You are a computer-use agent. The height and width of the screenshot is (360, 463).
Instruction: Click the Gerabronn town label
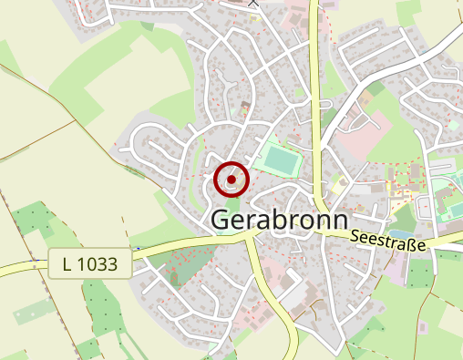[x=280, y=220]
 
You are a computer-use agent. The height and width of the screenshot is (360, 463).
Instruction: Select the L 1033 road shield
[x=90, y=265]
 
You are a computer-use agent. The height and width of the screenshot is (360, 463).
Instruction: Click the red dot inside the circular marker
[x=231, y=180]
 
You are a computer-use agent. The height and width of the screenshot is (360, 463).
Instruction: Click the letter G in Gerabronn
[x=221, y=220]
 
